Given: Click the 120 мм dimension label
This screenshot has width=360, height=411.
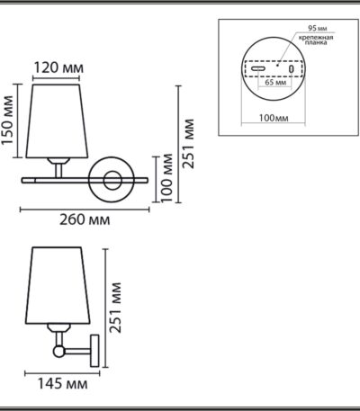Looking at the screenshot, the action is [x=58, y=68].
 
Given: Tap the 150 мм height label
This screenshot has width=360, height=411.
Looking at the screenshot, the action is [x=8, y=121].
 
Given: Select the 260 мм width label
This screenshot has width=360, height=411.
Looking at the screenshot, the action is [x=85, y=219].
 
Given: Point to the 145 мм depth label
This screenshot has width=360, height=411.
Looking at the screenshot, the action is [x=63, y=383].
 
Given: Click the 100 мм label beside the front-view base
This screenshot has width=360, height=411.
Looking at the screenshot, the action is [x=166, y=178].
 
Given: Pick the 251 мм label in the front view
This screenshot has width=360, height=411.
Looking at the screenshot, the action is [x=189, y=144].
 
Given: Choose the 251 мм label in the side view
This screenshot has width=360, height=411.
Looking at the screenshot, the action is [x=115, y=308].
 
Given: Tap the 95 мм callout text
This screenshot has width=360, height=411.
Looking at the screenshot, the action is [x=318, y=29].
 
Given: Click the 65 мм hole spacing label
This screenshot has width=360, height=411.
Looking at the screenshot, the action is [x=275, y=82].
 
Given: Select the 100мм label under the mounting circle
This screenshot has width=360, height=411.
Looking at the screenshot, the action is [x=274, y=118].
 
